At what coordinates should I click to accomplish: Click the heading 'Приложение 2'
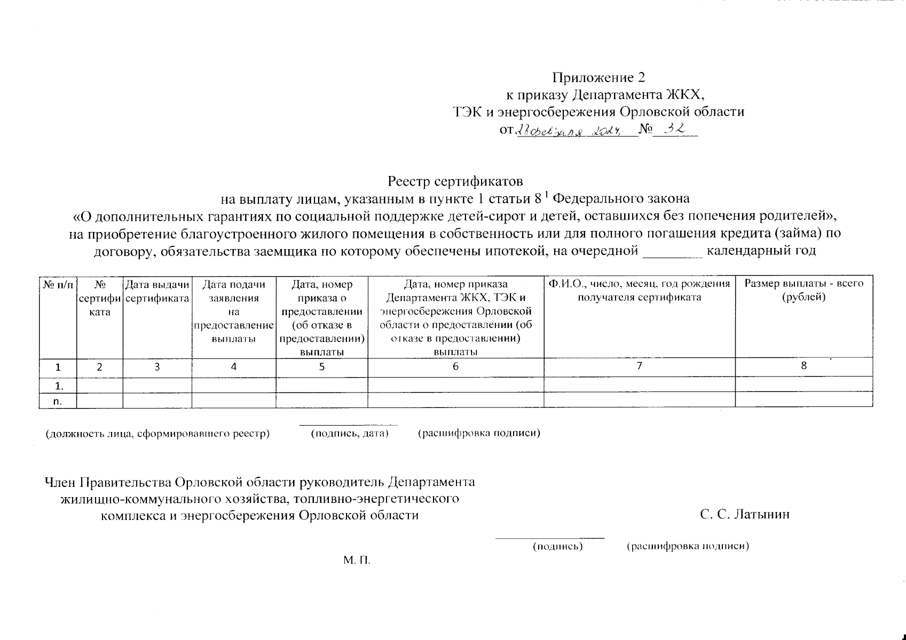pyautogui.click(x=598, y=78)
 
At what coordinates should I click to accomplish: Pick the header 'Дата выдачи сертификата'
pyautogui.click(x=157, y=291)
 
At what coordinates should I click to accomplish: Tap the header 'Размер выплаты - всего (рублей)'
pyautogui.click(x=804, y=291)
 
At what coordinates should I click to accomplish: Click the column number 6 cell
pyautogui.click(x=455, y=367)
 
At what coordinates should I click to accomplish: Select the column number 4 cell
pyautogui.click(x=233, y=367)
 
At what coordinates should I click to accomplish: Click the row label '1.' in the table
pyautogui.click(x=58, y=385)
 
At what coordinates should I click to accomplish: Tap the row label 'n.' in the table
pyautogui.click(x=58, y=402)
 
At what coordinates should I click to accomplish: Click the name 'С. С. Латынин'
pyautogui.click(x=745, y=515)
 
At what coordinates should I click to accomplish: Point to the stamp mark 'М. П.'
pyautogui.click(x=357, y=561)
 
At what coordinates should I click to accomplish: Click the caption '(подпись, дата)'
pyautogui.click(x=349, y=434)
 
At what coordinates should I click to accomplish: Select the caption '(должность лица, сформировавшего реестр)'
pyautogui.click(x=157, y=434)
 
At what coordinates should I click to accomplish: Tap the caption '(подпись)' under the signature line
pyautogui.click(x=557, y=547)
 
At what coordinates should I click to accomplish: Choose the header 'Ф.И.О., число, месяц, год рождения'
pyautogui.click(x=639, y=284)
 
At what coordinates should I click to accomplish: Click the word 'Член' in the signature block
pyautogui.click(x=60, y=482)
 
